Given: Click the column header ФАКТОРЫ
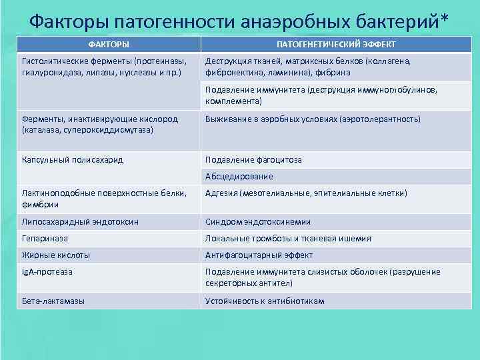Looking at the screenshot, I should [x=109, y=44].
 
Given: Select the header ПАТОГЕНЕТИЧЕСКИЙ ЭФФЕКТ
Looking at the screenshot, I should [x=336, y=44].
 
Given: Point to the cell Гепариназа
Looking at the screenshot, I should [x=45, y=238].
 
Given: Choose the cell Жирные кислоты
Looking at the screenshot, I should [x=56, y=255].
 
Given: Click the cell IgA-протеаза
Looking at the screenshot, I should [x=47, y=271].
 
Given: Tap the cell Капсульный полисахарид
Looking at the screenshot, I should [x=73, y=159].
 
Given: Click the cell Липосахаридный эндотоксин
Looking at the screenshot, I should [x=80, y=221].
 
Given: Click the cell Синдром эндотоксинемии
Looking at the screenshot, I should [x=258, y=221].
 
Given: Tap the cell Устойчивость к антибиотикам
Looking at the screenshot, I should [x=265, y=301].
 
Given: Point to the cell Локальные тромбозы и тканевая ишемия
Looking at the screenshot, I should [x=288, y=238].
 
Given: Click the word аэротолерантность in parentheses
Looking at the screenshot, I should [x=379, y=119].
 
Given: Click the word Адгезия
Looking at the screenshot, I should [x=222, y=193].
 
